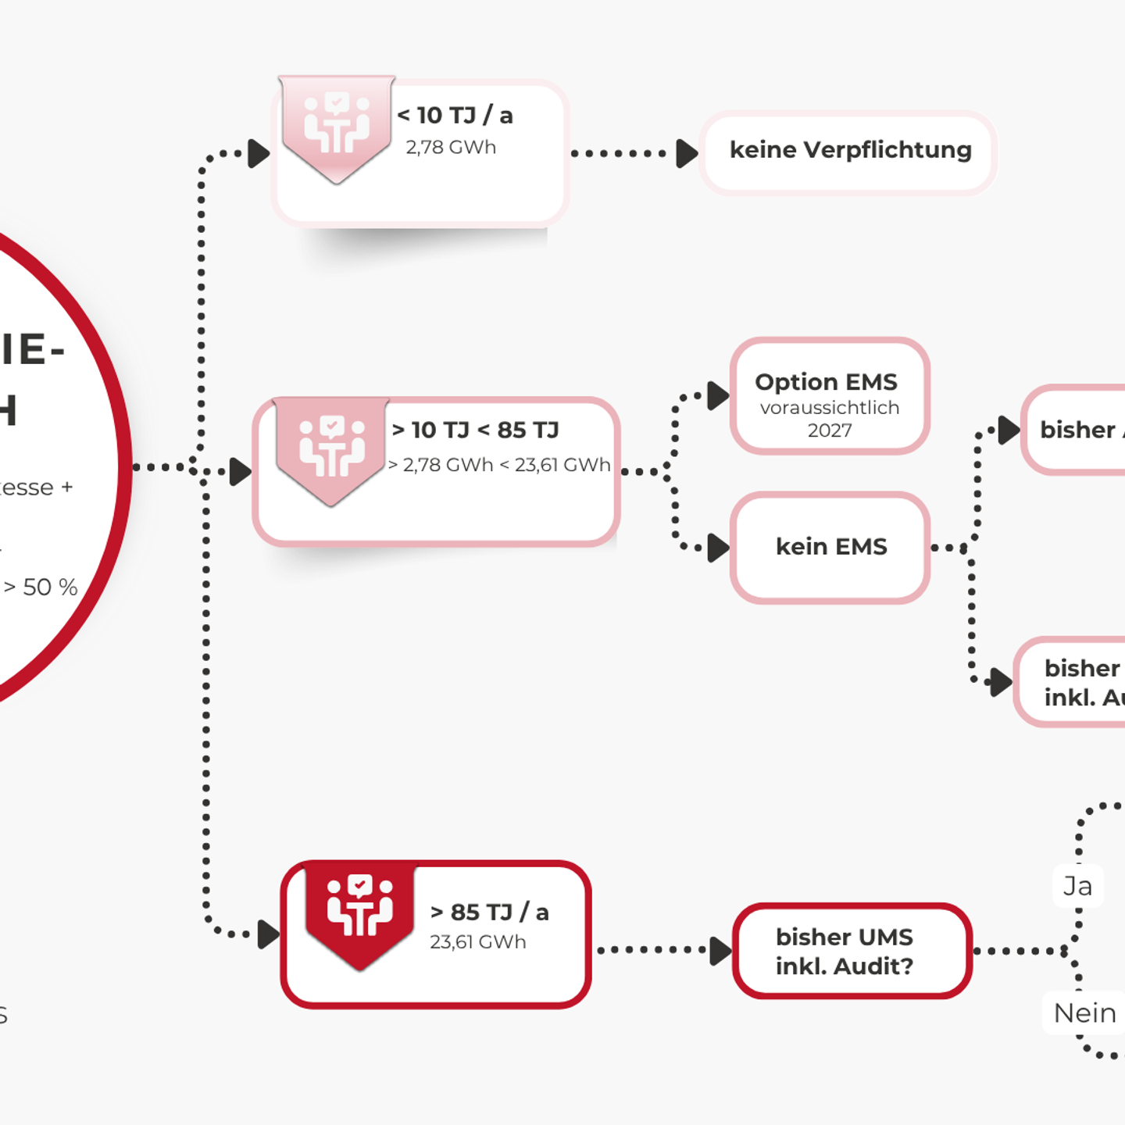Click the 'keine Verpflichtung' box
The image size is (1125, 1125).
[x=849, y=151]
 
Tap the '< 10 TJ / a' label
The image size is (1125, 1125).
[x=455, y=116]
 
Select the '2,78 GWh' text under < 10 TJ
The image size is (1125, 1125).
[x=451, y=147]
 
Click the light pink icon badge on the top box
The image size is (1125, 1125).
[x=337, y=125]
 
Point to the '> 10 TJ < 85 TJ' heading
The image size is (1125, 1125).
[x=475, y=430]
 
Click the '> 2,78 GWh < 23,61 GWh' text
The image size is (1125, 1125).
[x=499, y=465]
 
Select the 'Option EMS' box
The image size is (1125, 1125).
[x=830, y=395]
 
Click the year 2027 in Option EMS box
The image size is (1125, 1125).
[x=830, y=430]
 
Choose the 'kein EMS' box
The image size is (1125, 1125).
[x=830, y=547]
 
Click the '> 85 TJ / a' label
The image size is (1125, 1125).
[x=490, y=912]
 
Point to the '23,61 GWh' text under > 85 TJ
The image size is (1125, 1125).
[x=478, y=942]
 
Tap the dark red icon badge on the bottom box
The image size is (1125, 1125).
[x=359, y=910]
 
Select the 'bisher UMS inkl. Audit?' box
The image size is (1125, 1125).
[x=852, y=951]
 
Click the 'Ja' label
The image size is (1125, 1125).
[x=1078, y=886]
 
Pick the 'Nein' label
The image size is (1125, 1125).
[x=1084, y=1013]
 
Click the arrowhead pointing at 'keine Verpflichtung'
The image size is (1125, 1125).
[x=687, y=153]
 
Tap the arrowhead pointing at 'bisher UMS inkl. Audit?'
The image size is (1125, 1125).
[x=720, y=951]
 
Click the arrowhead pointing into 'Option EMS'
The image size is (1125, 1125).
[x=718, y=395]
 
